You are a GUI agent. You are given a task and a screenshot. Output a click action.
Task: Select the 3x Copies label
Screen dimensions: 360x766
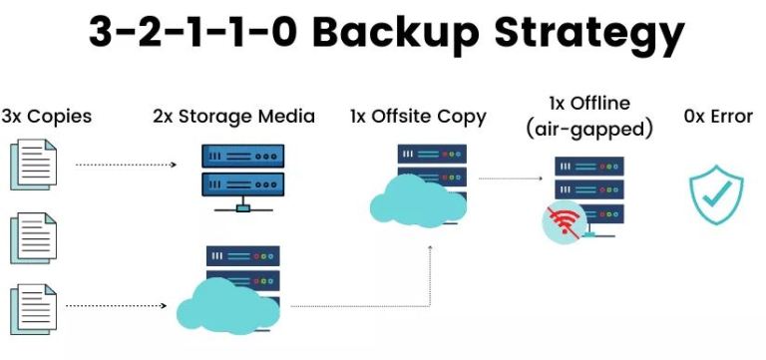(47, 117)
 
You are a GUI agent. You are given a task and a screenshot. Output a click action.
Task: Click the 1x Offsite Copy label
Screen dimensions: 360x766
(418, 117)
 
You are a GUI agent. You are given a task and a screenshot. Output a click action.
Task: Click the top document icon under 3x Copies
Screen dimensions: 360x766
(32, 166)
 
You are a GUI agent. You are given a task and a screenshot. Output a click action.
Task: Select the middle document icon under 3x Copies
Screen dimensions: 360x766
(32, 237)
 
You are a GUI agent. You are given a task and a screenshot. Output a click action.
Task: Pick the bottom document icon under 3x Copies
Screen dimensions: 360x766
(32, 307)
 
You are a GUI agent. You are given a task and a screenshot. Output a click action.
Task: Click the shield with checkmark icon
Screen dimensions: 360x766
(717, 193)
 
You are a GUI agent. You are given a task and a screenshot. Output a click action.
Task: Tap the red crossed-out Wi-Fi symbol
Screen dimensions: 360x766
(564, 220)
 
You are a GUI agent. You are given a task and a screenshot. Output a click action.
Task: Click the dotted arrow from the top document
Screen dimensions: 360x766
(136, 164)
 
